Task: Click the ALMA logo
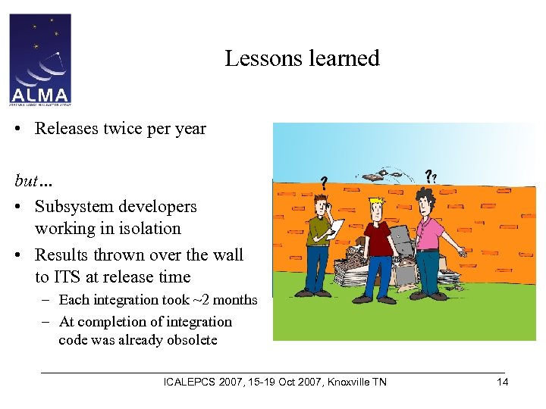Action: click(40, 59)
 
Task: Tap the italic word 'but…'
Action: click(33, 181)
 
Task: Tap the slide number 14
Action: click(502, 382)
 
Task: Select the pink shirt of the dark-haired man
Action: click(429, 230)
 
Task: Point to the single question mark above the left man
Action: click(324, 183)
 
